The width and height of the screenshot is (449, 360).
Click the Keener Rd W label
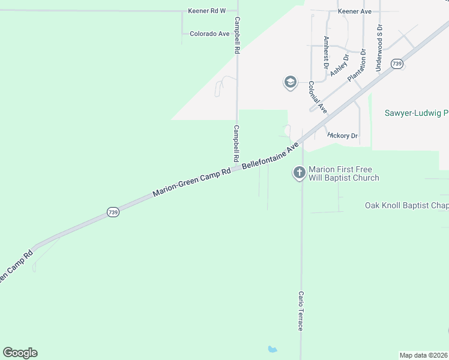[x=206, y=11]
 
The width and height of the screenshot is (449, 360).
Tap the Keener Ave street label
[x=355, y=11]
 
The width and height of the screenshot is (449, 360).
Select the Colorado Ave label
[x=209, y=34]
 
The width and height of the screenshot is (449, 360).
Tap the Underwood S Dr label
[x=379, y=49]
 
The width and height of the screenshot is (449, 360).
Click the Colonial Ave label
[x=318, y=98]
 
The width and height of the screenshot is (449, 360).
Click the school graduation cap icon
[x=291, y=82]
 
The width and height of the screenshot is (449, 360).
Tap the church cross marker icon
[x=299, y=173]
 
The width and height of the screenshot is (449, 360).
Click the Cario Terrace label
[x=301, y=311]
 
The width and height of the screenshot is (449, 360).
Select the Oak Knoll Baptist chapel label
[x=406, y=205]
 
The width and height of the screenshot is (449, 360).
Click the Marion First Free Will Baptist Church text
[x=343, y=173]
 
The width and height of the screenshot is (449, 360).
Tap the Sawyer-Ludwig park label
[x=416, y=113]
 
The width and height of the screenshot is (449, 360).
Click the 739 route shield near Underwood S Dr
[x=396, y=64]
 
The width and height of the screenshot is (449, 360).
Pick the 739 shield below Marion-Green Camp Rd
[x=113, y=212]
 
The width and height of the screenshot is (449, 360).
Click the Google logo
[x=20, y=353]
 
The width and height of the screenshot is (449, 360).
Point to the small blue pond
[x=273, y=349]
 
